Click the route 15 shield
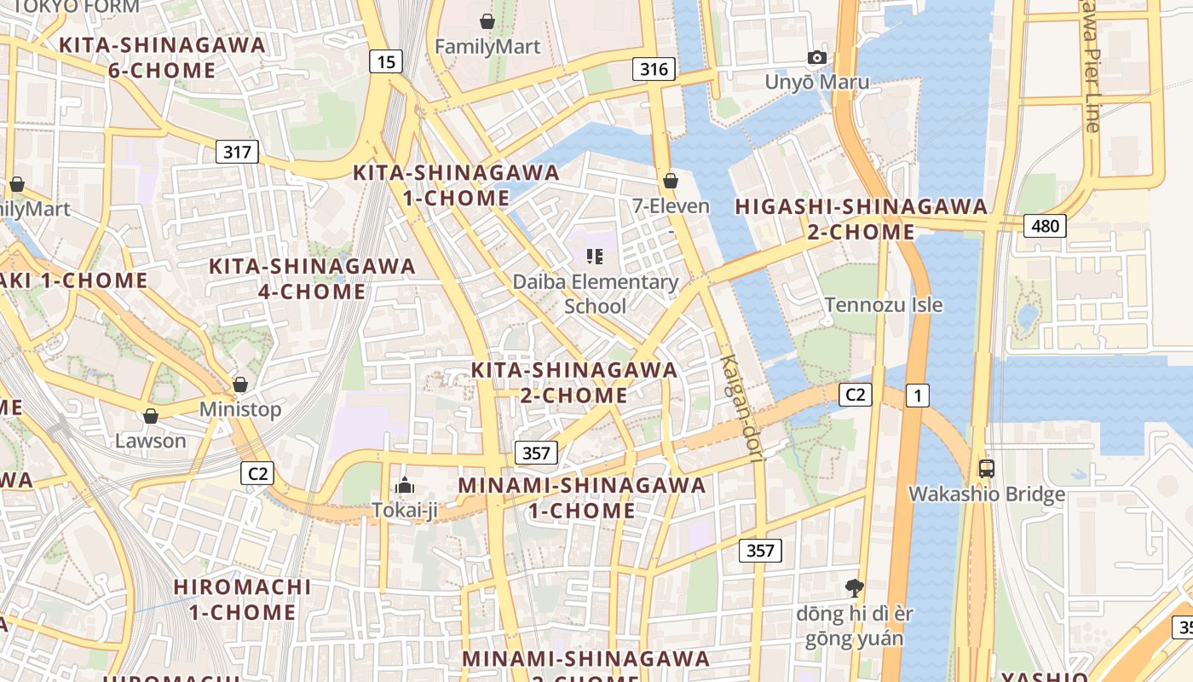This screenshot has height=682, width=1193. [x=386, y=61]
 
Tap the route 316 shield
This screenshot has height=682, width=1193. [x=654, y=69]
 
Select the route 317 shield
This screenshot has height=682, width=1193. [x=237, y=153]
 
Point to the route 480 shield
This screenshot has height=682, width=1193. [x=1045, y=226]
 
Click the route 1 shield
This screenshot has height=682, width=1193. [x=917, y=396]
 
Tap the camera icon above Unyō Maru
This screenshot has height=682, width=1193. [x=817, y=58]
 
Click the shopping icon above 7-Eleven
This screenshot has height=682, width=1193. [x=671, y=181]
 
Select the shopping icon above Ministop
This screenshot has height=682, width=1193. [x=240, y=384]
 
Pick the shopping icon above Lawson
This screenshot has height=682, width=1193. [x=151, y=416]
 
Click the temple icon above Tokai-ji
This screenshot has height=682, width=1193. [x=404, y=486]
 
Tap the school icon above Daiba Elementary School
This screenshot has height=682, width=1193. [x=595, y=256]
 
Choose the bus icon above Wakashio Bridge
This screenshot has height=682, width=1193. [x=987, y=468]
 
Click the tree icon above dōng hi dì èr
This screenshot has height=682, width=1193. [x=853, y=587]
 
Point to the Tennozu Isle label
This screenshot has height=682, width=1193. [x=884, y=304]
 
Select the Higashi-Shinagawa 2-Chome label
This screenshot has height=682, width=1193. [x=861, y=219]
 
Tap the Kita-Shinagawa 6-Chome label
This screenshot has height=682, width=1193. [x=161, y=57]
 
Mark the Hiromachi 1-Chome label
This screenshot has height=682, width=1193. [x=242, y=599]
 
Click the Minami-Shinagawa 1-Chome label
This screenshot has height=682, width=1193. [x=582, y=498]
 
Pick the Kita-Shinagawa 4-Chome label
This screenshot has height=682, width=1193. [x=312, y=279]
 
